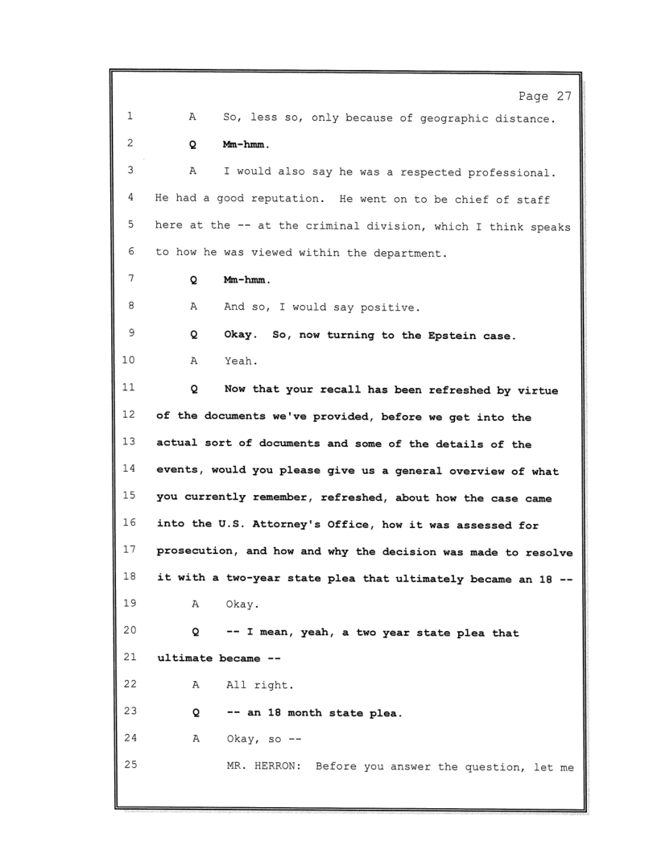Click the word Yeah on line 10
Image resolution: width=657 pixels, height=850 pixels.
point(238,362)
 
